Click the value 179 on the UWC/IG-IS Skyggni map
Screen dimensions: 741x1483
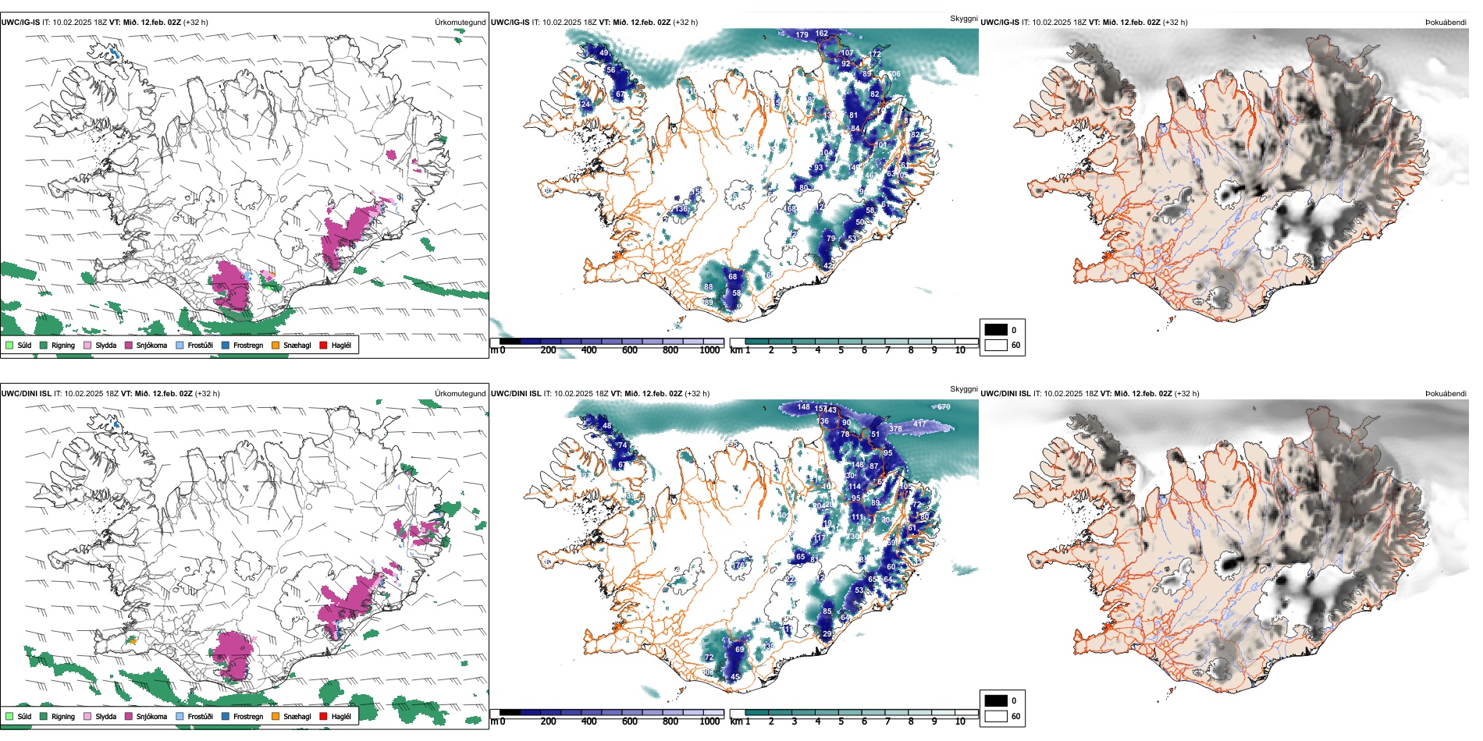coord(802,34)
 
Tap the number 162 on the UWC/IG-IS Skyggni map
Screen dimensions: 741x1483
coord(821,34)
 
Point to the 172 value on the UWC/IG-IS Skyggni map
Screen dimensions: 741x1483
coord(874,54)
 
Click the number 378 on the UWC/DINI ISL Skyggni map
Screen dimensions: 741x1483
coord(895,428)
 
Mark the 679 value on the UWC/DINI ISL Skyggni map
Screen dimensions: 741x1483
coord(944,407)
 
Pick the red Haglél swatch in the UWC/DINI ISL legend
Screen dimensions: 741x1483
coord(323,716)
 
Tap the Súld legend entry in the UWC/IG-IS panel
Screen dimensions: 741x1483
coord(19,345)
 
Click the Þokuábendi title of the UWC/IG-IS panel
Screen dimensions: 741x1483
coord(1446,23)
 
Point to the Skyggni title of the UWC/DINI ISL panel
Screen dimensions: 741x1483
coord(963,388)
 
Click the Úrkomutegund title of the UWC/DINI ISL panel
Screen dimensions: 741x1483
coord(460,393)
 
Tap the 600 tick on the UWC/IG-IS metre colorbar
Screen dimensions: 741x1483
coord(629,350)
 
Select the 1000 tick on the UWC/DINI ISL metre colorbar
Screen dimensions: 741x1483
coord(709,721)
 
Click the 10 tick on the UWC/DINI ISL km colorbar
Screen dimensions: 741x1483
coord(959,721)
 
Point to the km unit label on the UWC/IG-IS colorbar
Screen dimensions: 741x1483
coord(735,350)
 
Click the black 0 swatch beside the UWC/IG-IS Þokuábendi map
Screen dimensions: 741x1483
coord(996,330)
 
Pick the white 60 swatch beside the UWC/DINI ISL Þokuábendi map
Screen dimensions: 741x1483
coord(996,716)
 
